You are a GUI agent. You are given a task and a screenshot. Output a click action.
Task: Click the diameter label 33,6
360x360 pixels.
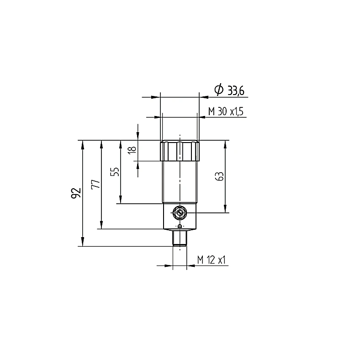236,90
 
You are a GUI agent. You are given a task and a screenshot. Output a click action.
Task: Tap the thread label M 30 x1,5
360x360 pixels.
226,111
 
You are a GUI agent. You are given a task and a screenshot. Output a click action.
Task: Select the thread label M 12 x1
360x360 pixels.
212,260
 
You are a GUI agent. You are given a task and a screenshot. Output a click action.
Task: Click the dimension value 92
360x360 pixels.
76,193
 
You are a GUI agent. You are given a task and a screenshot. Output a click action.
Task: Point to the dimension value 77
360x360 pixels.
96,184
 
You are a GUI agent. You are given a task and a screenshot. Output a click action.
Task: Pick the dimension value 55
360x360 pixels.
115,171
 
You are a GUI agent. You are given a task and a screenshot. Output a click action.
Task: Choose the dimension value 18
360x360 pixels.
132,150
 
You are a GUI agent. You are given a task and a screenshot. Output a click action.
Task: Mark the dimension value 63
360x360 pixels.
220,176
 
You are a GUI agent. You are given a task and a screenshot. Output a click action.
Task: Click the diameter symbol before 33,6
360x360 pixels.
218,89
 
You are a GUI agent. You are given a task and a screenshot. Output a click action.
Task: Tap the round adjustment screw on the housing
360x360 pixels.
180,213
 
